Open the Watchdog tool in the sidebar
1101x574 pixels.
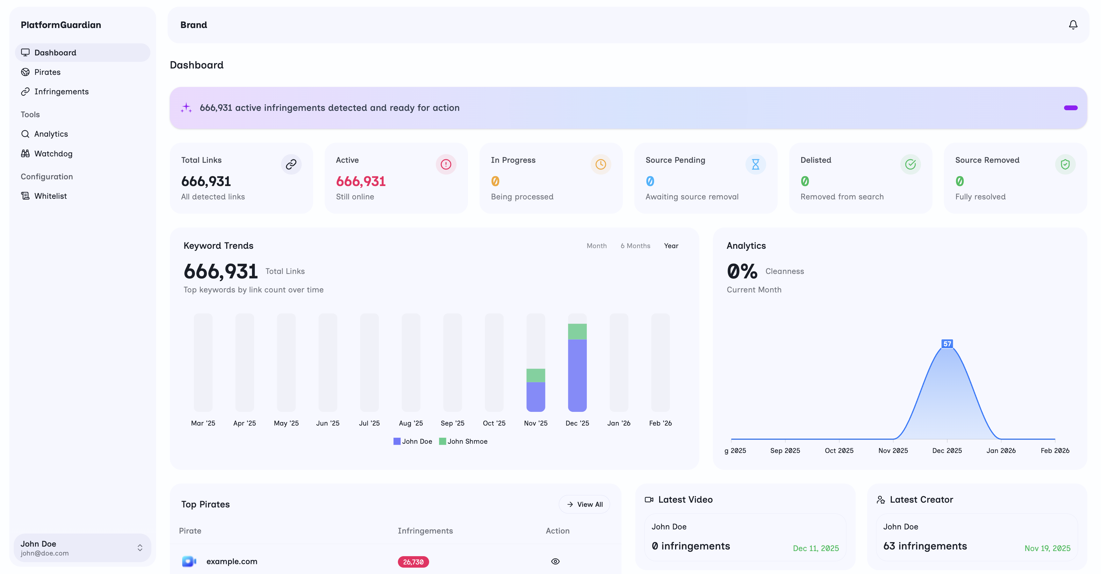[53, 154]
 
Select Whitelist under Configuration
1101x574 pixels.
[50, 196]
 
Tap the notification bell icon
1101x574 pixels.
[1073, 25]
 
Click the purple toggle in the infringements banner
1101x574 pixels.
[1070, 108]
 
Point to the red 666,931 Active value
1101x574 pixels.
[361, 181]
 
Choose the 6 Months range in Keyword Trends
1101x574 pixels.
[635, 246]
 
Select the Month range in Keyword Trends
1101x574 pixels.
[596, 246]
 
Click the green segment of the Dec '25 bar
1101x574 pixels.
[577, 332]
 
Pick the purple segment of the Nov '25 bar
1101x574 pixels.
[536, 396]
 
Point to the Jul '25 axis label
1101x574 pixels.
[369, 423]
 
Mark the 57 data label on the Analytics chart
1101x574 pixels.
[947, 344]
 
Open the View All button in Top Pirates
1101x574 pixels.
[584, 504]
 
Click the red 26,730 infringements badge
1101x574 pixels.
[413, 562]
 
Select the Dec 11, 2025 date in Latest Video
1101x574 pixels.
[816, 548]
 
